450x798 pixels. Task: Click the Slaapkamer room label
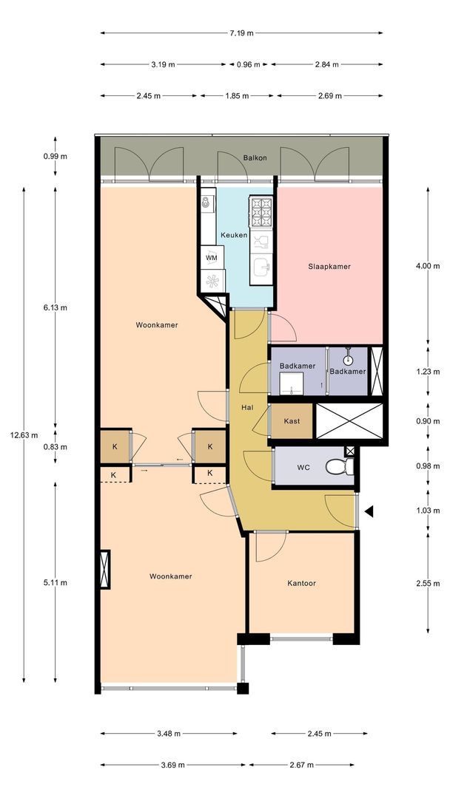[x=329, y=266]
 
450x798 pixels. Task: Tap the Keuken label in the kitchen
[x=234, y=235]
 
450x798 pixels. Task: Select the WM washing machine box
[x=212, y=258]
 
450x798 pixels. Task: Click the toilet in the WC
[x=340, y=465]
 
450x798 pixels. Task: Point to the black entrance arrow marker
[x=369, y=511]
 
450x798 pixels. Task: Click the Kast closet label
[x=292, y=421]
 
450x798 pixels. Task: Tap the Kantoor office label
[x=301, y=583]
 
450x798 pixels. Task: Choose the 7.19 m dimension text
[x=241, y=33]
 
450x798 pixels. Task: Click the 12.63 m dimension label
[x=24, y=434]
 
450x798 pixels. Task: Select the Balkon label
[x=255, y=158]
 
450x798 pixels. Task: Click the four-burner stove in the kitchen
[x=261, y=212]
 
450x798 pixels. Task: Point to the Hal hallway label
[x=247, y=407]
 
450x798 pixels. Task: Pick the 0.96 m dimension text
[x=248, y=64]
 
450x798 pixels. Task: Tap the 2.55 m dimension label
[x=428, y=583]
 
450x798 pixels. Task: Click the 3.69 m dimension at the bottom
[x=172, y=765]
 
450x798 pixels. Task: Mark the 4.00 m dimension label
[x=428, y=266]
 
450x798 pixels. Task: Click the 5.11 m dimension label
[x=55, y=583]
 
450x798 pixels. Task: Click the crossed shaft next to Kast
[x=349, y=421]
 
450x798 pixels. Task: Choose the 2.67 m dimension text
[x=301, y=765]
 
